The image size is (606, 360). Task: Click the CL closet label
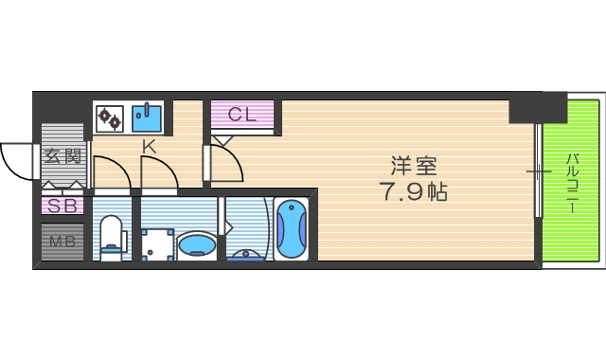coord(241,115)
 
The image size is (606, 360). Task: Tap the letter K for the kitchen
coord(149,146)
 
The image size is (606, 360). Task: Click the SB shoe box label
coord(62,205)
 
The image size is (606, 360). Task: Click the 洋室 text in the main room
coord(415,164)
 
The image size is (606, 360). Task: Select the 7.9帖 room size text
coord(415,192)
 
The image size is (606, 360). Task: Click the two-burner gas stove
coord(110,118)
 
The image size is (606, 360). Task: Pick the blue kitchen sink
coord(146,117)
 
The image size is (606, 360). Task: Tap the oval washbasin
coord(197,245)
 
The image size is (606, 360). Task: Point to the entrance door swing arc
coord(17,161)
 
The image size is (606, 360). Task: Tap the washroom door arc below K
coord(159,173)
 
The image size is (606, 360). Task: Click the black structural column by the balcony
coord(537,108)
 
